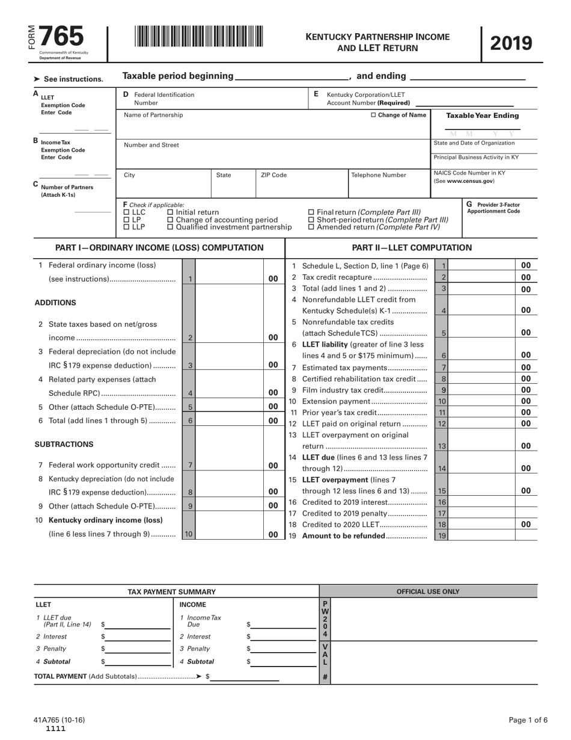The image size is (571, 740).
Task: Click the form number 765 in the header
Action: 61,37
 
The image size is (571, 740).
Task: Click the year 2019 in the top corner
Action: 511,43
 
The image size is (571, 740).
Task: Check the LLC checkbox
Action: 126,212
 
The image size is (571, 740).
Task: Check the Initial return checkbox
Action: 170,212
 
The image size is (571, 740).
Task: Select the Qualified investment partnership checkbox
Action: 170,227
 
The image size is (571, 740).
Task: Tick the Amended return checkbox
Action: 311,227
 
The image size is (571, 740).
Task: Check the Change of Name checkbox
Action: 373,115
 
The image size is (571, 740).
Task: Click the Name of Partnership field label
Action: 153,115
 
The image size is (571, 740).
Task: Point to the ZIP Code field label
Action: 273,175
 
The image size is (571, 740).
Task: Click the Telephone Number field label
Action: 378,175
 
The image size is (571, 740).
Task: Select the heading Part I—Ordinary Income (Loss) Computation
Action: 159,248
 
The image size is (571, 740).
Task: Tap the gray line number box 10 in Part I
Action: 188,534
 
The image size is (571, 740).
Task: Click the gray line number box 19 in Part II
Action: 442,536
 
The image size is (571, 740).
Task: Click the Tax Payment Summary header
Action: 172,592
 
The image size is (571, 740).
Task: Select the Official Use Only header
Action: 428,592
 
